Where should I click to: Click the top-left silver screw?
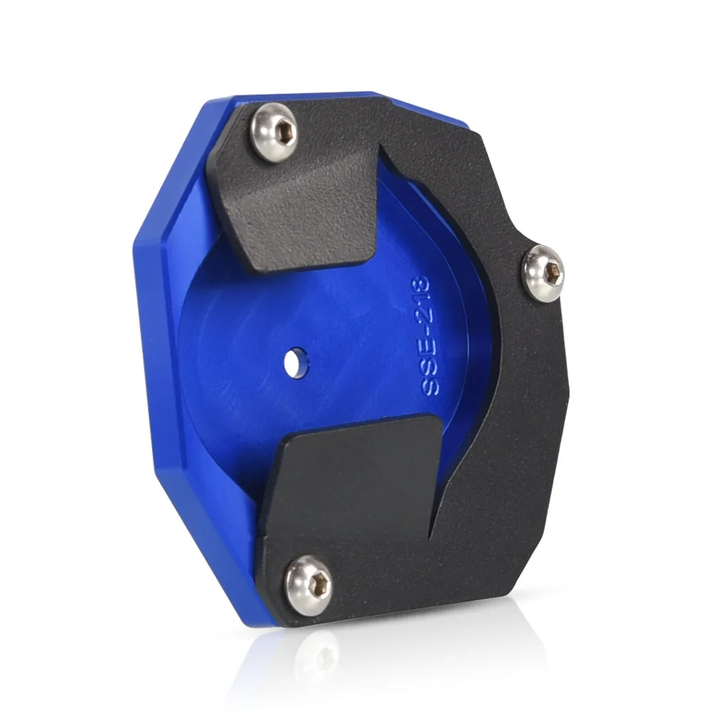pyautogui.click(x=275, y=130)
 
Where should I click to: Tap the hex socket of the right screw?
pyautogui.click(x=554, y=272)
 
